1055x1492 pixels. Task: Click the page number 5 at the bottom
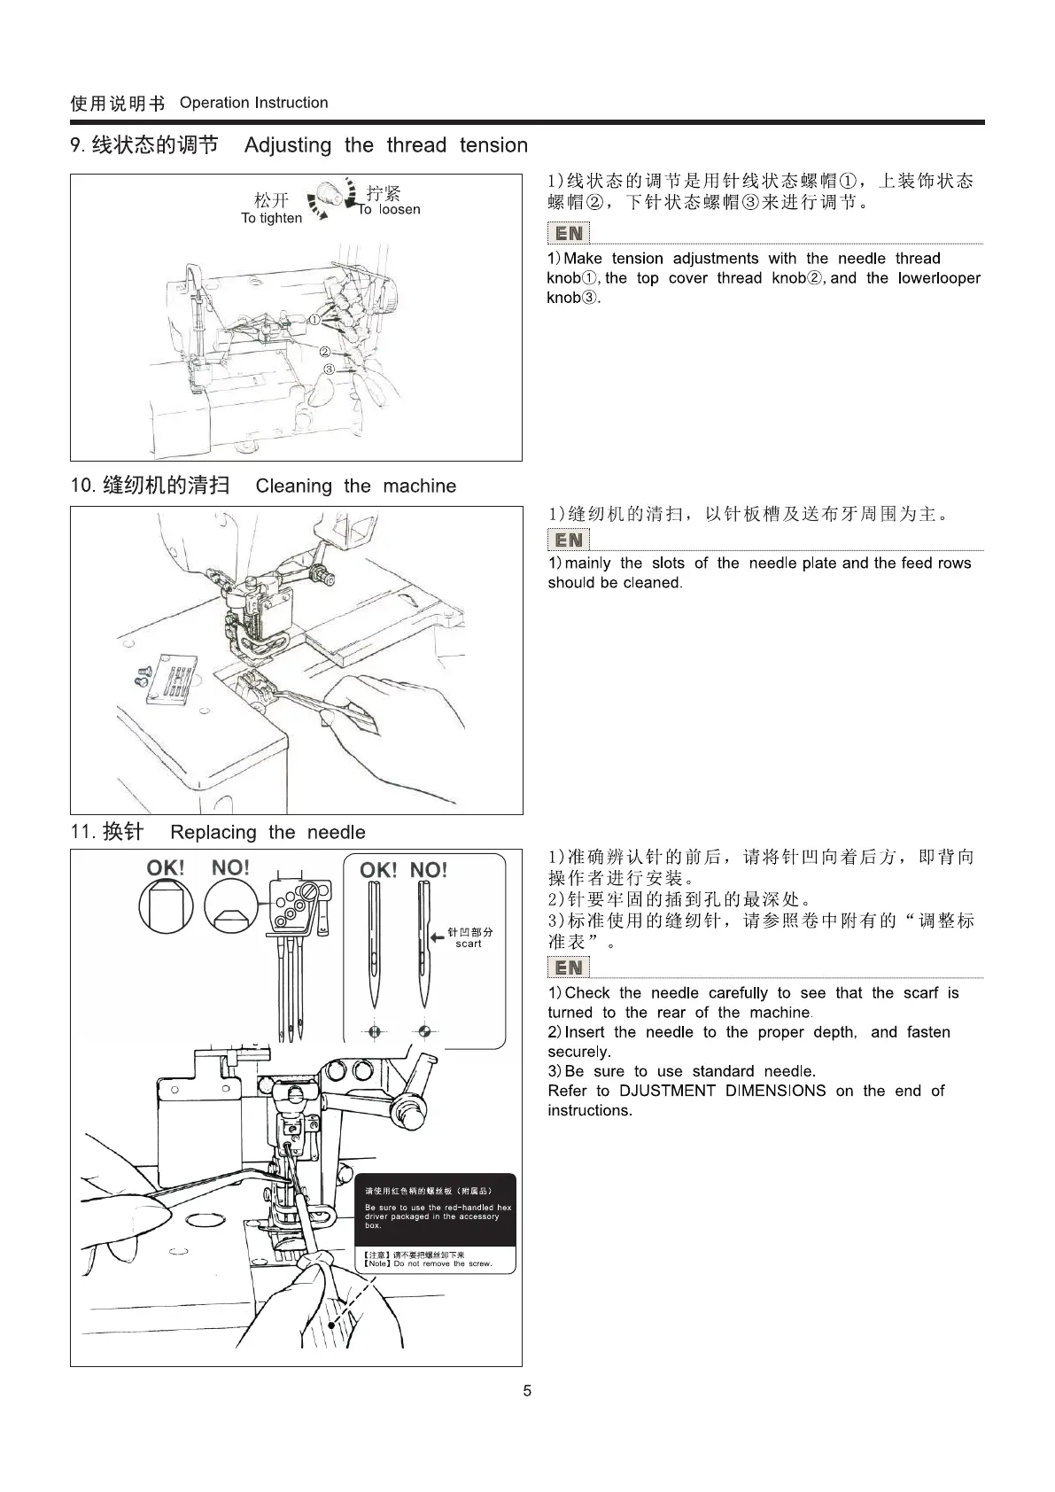[x=527, y=1390]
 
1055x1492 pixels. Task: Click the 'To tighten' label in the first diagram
[x=271, y=218]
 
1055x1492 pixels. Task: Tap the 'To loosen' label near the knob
[x=390, y=210]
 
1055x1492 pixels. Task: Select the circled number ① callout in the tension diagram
[x=314, y=319]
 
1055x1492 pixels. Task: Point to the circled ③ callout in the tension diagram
[x=329, y=369]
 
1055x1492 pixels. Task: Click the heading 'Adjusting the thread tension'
[x=385, y=145]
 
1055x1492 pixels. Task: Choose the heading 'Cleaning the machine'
[x=355, y=486]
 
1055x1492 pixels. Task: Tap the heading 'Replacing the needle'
[x=268, y=832]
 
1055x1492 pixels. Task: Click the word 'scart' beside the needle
[x=469, y=944]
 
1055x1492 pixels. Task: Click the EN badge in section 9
[x=569, y=233]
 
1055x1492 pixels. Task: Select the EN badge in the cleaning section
[x=569, y=540]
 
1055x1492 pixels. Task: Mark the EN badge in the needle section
[x=569, y=968]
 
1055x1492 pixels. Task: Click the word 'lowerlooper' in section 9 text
[x=938, y=278]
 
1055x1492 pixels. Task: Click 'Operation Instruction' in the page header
[x=253, y=103]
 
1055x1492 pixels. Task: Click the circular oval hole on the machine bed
[x=204, y=1221]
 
